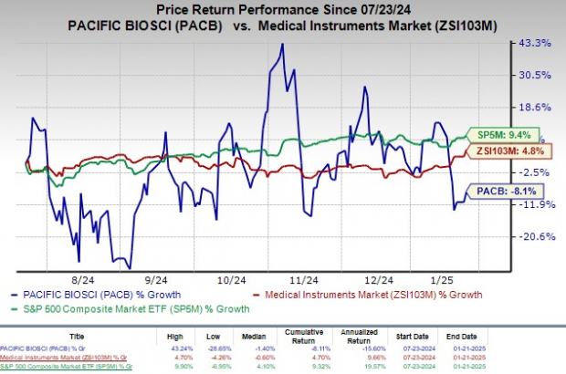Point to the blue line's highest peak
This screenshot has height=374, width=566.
pos(282,44)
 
